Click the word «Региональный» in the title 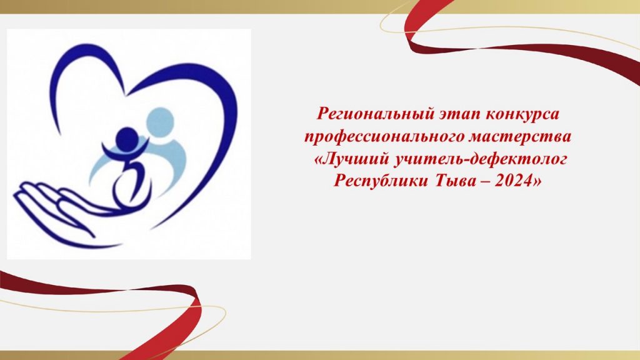pyautogui.click(x=376, y=114)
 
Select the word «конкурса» pyautogui.click(x=522, y=114)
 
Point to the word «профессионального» pyautogui.click(x=384, y=137)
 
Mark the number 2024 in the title pyautogui.click(x=513, y=180)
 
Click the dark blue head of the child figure pyautogui.click(x=126, y=139)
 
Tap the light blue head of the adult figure pyautogui.click(x=161, y=122)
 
